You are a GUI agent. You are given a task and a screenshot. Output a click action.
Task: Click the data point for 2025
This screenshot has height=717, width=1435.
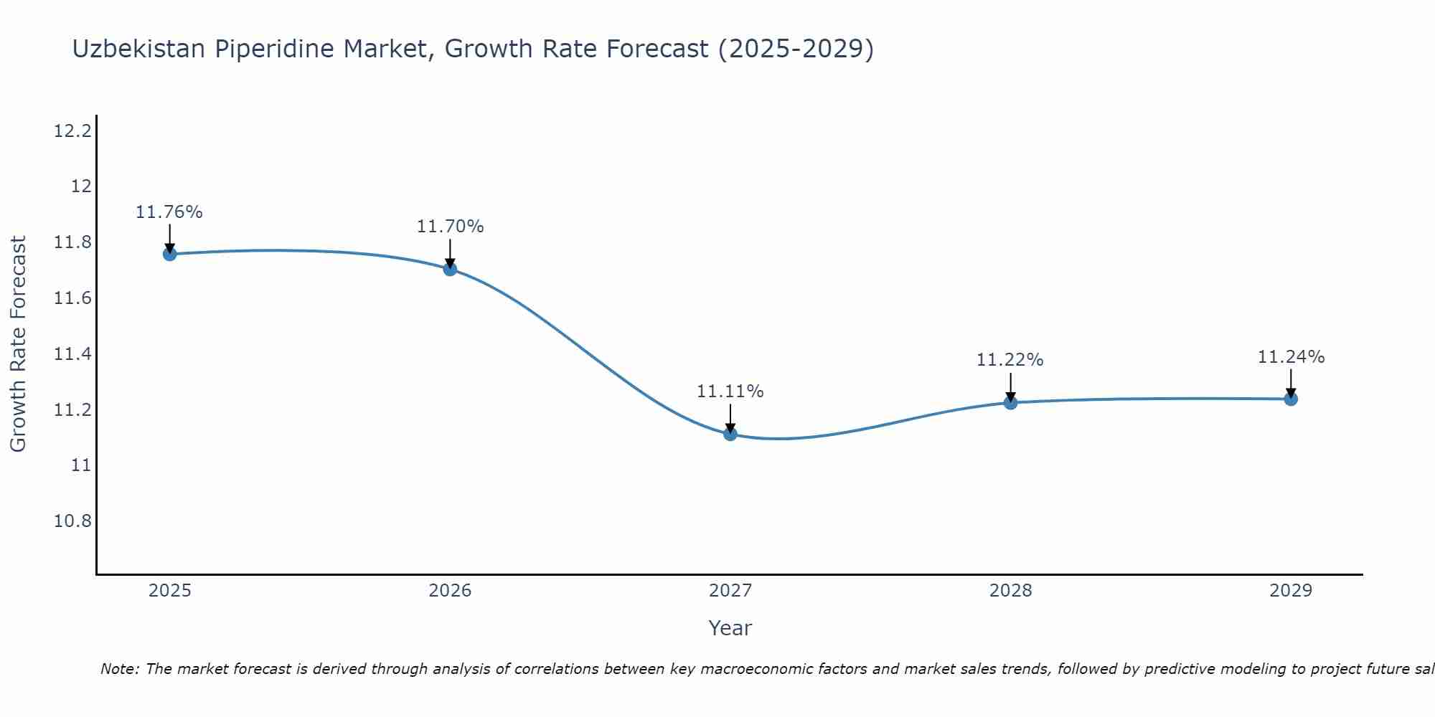169,254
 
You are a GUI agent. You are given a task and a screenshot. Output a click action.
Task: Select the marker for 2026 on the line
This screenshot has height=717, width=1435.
450,269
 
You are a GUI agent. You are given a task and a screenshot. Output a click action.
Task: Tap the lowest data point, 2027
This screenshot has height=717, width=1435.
730,434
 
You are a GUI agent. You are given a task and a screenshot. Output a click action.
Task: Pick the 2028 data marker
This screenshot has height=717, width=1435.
1010,402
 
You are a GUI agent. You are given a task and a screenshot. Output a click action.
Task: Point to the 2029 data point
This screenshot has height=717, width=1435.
1291,399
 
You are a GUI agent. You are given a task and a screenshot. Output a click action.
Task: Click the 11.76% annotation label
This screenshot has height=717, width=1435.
169,212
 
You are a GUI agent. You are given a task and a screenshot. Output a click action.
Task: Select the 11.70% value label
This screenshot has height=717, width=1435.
450,227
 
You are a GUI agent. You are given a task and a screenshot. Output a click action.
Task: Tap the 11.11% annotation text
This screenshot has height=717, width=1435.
730,391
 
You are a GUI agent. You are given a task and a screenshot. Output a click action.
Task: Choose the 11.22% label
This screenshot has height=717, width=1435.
1010,360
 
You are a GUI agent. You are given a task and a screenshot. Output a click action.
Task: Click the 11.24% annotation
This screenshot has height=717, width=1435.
1291,357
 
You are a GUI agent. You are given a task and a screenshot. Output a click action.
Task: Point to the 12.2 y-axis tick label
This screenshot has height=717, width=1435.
72,131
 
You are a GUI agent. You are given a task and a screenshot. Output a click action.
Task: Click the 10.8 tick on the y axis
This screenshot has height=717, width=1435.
72,521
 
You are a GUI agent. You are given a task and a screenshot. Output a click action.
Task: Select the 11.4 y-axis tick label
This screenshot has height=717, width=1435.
72,354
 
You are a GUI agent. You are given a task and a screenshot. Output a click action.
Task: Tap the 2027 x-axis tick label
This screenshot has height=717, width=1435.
730,591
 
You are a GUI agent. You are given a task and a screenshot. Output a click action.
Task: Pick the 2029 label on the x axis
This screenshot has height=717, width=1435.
1291,591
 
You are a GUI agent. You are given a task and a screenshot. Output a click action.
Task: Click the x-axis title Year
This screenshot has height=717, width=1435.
730,628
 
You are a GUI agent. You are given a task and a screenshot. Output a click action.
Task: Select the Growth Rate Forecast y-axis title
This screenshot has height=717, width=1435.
19,344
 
